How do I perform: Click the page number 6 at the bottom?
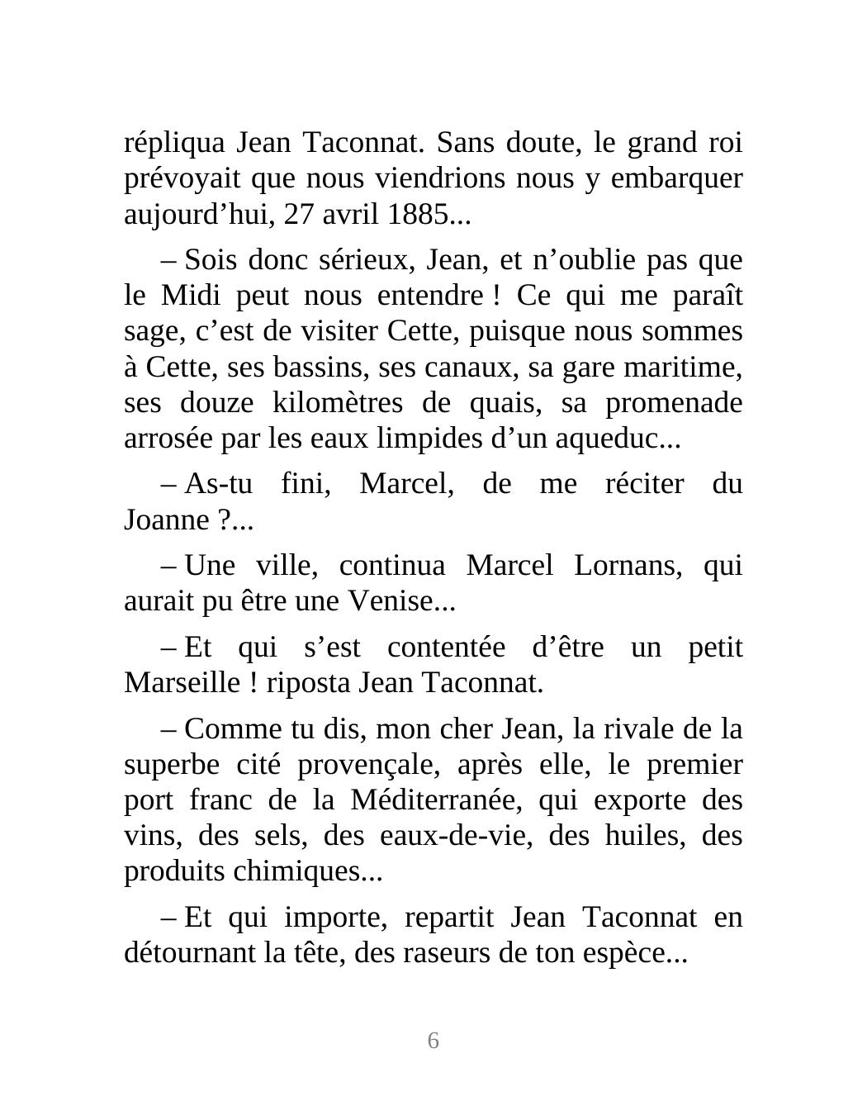(433, 1041)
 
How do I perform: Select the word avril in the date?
(349, 215)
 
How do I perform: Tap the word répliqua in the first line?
(174, 143)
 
